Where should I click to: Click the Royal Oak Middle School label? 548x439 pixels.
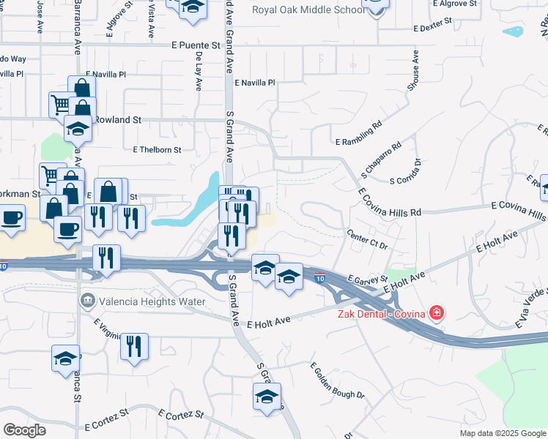[x=308, y=10]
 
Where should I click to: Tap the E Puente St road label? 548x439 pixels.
[x=196, y=45]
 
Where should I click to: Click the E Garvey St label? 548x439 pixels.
[x=368, y=280]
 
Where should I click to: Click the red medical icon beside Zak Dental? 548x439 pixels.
[x=437, y=314]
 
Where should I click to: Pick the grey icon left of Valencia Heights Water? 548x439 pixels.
[x=87, y=301]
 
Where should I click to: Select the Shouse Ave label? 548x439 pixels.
[x=414, y=70]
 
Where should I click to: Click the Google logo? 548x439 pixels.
[x=24, y=431]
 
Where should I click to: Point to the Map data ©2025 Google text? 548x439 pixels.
[x=502, y=433]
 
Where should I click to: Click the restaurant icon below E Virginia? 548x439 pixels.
[x=134, y=346]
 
